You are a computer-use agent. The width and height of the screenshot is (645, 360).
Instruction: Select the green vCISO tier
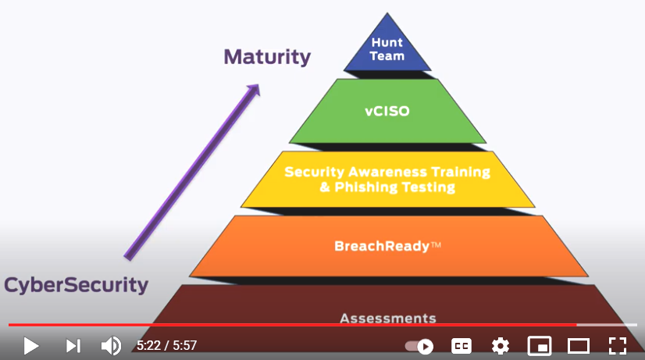pos(387,111)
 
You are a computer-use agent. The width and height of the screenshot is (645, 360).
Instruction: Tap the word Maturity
pos(267,57)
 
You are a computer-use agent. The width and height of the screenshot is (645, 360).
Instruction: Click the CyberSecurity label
pos(76,285)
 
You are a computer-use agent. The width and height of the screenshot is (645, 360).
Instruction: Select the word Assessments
pos(387,318)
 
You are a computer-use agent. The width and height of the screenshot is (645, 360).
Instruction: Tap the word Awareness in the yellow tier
pos(379,172)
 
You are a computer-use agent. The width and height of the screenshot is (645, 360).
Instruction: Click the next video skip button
pos(73,345)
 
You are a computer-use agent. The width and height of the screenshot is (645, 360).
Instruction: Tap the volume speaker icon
pos(111,345)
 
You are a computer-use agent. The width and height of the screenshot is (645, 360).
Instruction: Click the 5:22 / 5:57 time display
pos(166,345)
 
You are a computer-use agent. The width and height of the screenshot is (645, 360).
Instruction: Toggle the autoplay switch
pos(419,346)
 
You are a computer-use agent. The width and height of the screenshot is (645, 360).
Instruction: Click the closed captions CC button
pos(461,345)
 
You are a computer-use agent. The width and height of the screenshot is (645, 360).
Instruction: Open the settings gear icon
pos(501,345)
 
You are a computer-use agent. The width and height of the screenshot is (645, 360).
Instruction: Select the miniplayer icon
pos(540,345)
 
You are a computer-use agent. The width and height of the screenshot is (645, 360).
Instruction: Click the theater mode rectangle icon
pos(578,345)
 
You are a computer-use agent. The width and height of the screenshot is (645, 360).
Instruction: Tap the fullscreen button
pos(617,345)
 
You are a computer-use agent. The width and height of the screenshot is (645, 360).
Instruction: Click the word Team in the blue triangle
pos(387,56)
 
